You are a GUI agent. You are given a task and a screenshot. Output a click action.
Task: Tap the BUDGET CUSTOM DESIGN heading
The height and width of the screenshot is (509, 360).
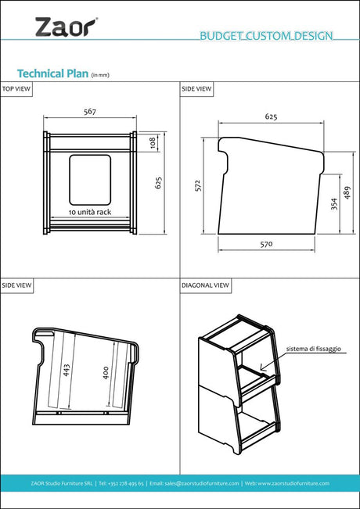266,36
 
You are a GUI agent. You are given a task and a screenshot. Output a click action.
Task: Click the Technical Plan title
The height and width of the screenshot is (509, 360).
52,73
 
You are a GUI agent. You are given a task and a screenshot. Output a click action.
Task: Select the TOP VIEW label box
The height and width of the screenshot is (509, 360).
16,89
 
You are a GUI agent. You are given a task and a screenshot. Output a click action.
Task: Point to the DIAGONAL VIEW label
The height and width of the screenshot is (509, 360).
205,285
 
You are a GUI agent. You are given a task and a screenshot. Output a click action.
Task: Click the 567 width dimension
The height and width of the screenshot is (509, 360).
90,112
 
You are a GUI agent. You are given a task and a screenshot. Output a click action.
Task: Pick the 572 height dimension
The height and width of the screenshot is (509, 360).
199,185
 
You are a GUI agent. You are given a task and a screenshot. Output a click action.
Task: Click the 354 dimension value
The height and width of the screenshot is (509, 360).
335,204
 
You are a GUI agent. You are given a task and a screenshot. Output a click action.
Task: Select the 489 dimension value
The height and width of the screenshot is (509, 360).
347,192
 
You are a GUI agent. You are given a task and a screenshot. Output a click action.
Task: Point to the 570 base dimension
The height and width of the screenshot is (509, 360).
266,244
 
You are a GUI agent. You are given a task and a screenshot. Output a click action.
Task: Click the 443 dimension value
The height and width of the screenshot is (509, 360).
67,370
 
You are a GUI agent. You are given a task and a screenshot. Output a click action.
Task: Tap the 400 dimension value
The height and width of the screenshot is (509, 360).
106,373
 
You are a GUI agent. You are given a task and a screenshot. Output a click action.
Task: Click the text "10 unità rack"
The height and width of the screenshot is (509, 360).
90,212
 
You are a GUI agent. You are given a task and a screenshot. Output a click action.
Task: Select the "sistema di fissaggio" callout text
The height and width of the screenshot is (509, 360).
314,349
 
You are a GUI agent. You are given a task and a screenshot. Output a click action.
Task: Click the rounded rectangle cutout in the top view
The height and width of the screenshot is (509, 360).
90,180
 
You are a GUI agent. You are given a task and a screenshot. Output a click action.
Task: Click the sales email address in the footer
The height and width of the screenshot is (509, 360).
194,483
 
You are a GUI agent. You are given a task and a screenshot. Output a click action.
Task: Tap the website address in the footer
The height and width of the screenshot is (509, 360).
287,483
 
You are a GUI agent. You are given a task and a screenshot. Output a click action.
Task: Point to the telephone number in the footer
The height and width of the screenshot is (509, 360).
121,483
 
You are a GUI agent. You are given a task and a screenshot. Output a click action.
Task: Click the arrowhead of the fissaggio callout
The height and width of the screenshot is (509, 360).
263,368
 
